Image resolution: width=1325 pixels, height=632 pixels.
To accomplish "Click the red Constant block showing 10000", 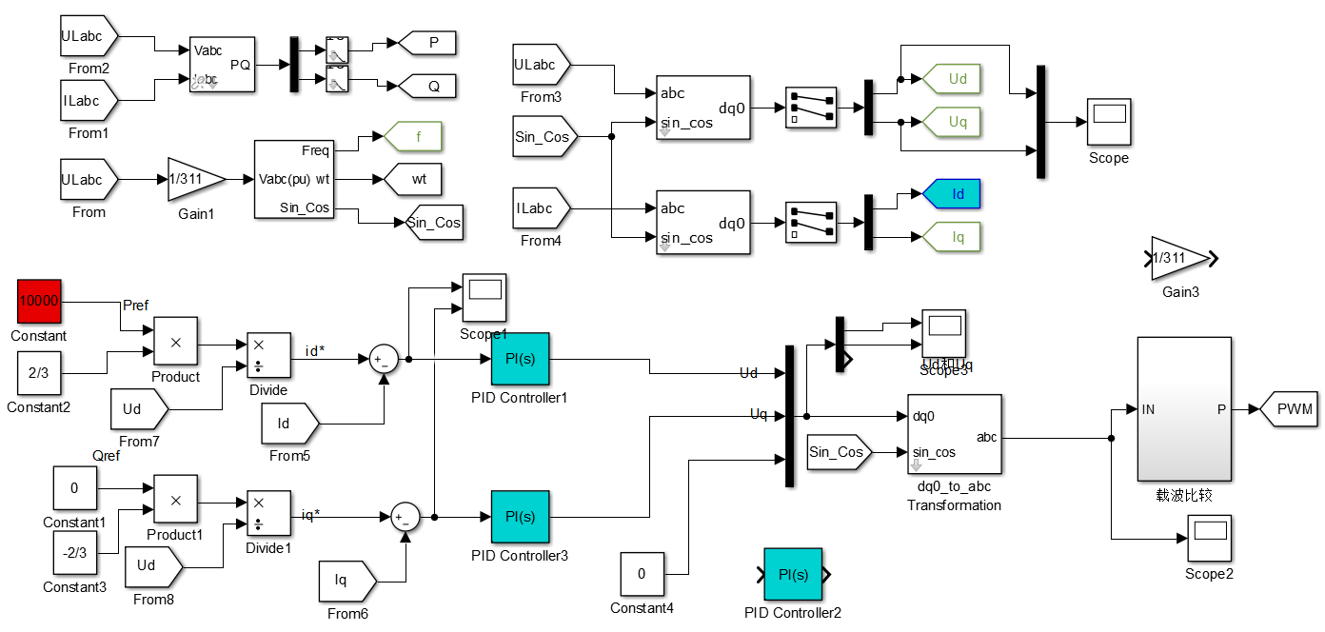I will (x=39, y=302).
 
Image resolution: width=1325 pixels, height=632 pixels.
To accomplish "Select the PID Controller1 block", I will (x=520, y=360).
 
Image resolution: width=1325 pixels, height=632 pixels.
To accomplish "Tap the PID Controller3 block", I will (x=520, y=518).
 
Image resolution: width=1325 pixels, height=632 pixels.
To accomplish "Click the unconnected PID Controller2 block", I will (x=793, y=575).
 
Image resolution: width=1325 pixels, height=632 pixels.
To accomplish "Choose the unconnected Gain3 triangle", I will (x=1179, y=258).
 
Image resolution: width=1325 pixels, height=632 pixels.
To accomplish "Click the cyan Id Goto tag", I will (x=952, y=194).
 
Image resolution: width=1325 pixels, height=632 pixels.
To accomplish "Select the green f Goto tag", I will (x=414, y=137).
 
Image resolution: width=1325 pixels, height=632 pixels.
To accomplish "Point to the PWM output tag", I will (x=1288, y=410).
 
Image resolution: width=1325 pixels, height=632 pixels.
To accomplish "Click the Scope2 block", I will (x=1209, y=539).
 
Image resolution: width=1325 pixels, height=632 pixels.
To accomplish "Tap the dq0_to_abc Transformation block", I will (x=953, y=434).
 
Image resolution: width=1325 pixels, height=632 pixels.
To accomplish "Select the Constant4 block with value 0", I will (x=642, y=575).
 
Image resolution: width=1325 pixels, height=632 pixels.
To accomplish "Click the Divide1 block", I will (x=268, y=515).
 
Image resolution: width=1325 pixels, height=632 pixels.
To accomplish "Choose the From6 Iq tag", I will (x=347, y=581).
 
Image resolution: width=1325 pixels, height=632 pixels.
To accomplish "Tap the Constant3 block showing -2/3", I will (x=75, y=553).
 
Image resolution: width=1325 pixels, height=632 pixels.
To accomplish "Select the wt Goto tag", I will (x=414, y=178).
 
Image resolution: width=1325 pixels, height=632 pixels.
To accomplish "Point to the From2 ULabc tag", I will (x=89, y=37).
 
